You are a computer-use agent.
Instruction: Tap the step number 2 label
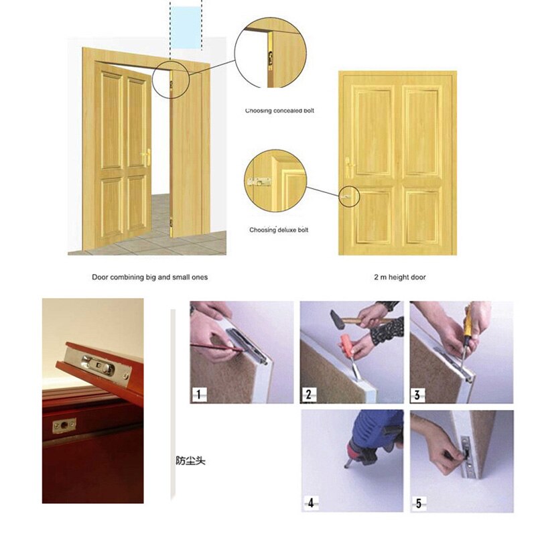(308, 393)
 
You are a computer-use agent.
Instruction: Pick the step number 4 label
(310, 503)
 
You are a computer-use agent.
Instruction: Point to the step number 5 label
(418, 503)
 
